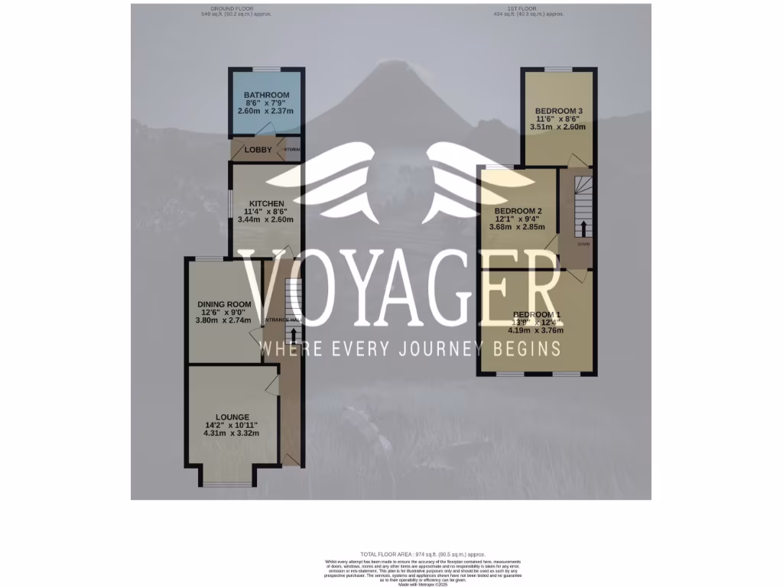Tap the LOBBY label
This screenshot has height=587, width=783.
258,150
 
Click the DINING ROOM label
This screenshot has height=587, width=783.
224,304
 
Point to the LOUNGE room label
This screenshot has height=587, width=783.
232,417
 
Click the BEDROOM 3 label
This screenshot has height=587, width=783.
559,111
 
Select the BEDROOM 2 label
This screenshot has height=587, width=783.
518,211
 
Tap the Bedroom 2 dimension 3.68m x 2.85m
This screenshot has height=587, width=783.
518,227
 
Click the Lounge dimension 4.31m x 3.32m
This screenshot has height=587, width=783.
232,433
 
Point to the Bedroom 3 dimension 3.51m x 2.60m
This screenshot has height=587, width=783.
559,127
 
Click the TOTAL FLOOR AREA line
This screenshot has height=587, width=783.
423,554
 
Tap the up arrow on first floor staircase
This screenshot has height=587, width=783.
583,228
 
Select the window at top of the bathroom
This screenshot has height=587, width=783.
266,69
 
